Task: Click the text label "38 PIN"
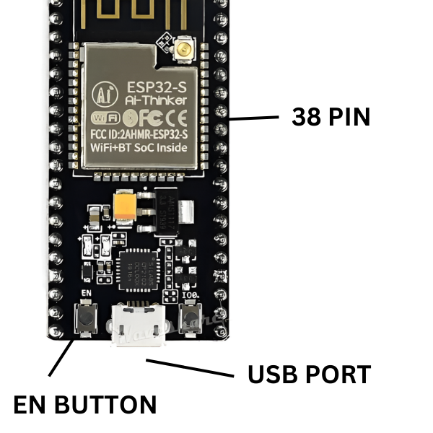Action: (x=331, y=117)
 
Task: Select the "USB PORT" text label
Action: (x=309, y=375)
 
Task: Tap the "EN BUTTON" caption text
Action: (x=85, y=405)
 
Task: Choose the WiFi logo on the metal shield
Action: (x=105, y=118)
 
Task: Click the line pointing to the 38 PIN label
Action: (x=254, y=117)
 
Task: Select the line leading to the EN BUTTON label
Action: (x=62, y=357)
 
